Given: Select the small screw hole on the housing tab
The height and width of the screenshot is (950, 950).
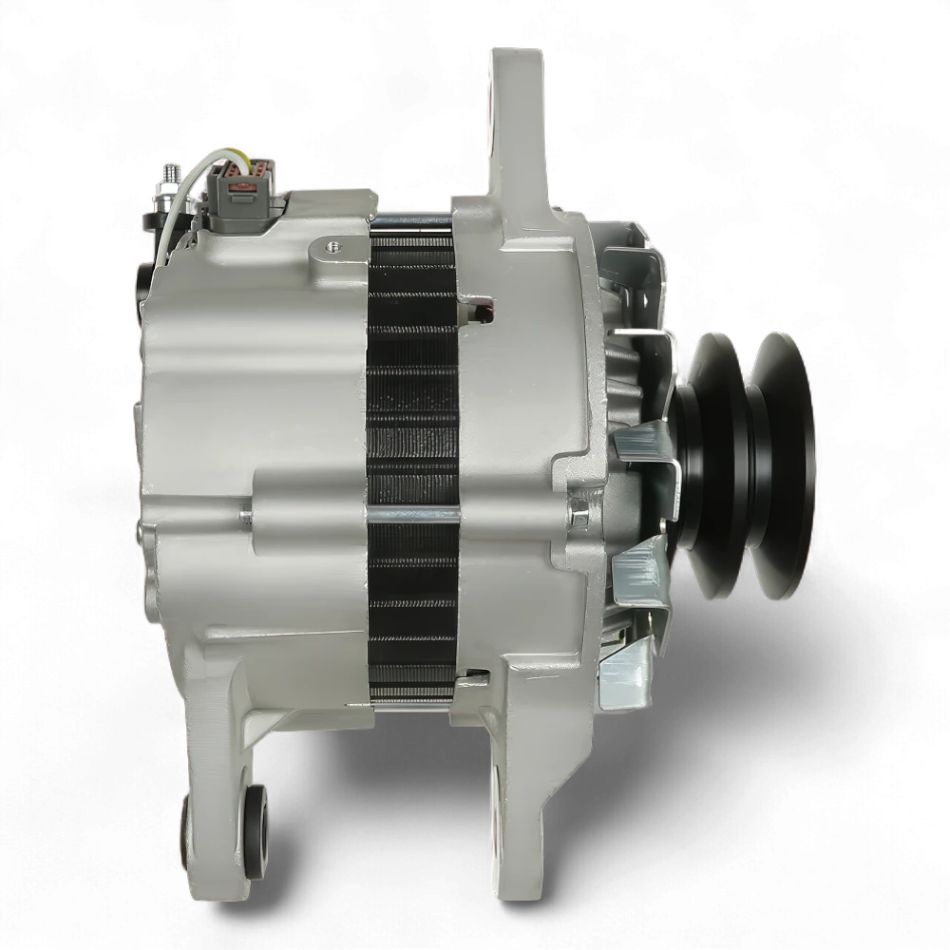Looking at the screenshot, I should click(x=332, y=247).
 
